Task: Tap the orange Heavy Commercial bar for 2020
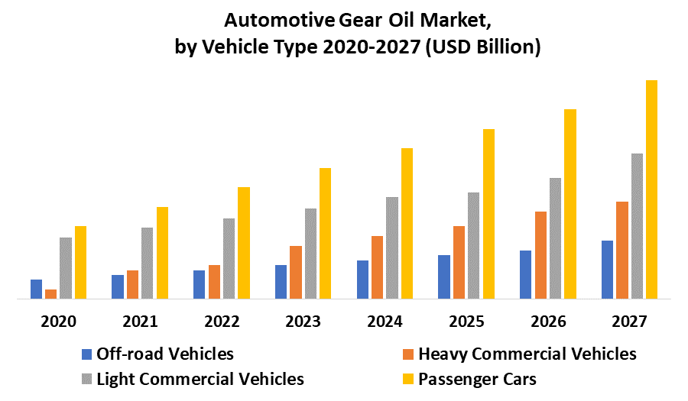tap(51, 293)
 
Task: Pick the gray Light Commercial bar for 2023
tap(310, 253)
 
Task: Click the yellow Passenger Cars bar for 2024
tap(407, 222)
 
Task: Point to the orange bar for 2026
tap(540, 254)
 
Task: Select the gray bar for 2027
tap(637, 225)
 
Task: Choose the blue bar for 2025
tap(444, 276)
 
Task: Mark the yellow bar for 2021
tap(162, 252)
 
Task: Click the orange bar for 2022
tap(214, 281)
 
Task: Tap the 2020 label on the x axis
tap(58, 322)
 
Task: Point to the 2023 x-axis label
tap(303, 322)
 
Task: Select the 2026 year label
tap(549, 322)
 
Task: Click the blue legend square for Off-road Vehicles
tap(86, 354)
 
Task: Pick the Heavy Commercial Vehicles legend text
tap(527, 354)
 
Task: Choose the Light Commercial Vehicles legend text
tap(200, 379)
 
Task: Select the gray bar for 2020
tap(66, 267)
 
